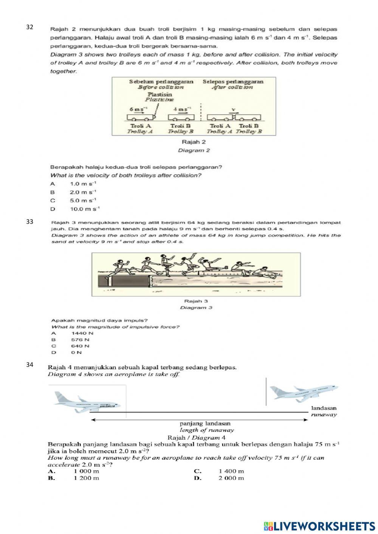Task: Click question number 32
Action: tap(29, 27)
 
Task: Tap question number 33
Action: tap(29, 222)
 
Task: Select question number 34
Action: tap(29, 365)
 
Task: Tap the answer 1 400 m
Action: tap(231, 471)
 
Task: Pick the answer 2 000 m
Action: tap(231, 478)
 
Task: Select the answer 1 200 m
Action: tap(87, 478)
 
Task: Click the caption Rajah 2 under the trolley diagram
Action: tap(194, 142)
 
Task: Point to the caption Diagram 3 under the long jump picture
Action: tap(196, 308)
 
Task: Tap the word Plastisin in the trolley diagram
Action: tap(160, 94)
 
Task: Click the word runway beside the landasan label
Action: tap(324, 415)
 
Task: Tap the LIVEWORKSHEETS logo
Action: tap(319, 526)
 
